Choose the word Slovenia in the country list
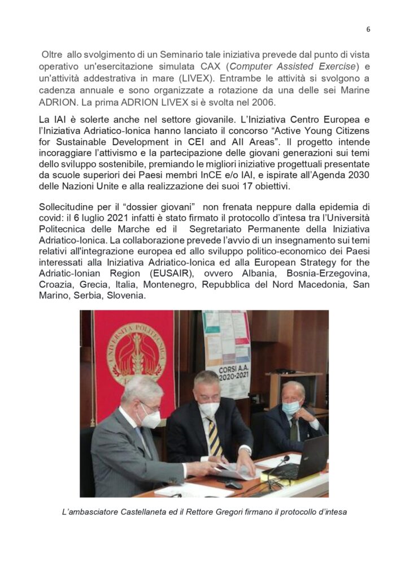[124, 299]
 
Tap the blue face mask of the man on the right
[292, 407]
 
